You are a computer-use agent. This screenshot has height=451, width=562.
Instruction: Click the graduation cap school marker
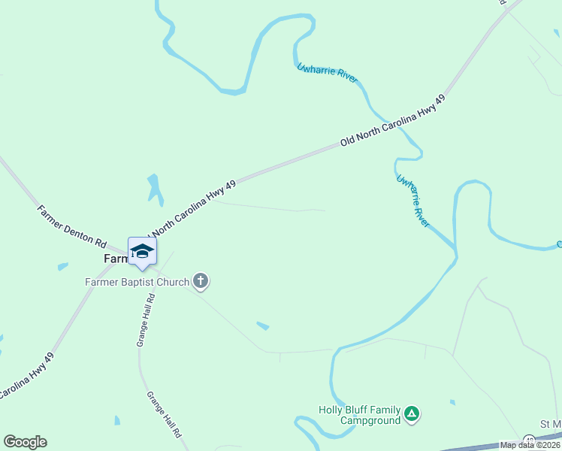pyautogui.click(x=141, y=251)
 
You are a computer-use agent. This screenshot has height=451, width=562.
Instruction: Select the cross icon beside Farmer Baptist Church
pyautogui.click(x=201, y=282)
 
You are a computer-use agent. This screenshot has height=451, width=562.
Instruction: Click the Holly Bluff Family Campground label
pyautogui.click(x=359, y=415)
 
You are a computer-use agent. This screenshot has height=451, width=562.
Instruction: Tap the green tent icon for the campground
pyautogui.click(x=411, y=413)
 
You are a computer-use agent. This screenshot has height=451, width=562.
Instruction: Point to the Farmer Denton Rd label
pyautogui.click(x=72, y=225)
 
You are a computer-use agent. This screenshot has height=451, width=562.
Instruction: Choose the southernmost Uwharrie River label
pyautogui.click(x=412, y=201)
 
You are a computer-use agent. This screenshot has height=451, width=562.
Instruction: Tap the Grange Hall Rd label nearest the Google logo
pyautogui.click(x=164, y=414)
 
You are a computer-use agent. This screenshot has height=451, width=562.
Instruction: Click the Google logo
pyautogui.click(x=25, y=442)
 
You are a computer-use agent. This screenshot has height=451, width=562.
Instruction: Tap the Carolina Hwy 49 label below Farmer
pyautogui.click(x=26, y=378)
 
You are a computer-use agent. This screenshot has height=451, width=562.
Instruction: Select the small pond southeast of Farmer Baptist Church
pyautogui.click(x=262, y=325)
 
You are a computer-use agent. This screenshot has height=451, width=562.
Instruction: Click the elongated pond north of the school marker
pyautogui.click(x=155, y=189)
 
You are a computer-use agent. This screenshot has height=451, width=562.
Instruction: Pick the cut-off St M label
pyautogui.click(x=550, y=425)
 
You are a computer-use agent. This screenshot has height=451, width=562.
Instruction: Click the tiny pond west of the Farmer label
pyautogui.click(x=62, y=266)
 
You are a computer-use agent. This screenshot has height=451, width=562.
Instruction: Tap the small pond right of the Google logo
pyautogui.click(x=117, y=420)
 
